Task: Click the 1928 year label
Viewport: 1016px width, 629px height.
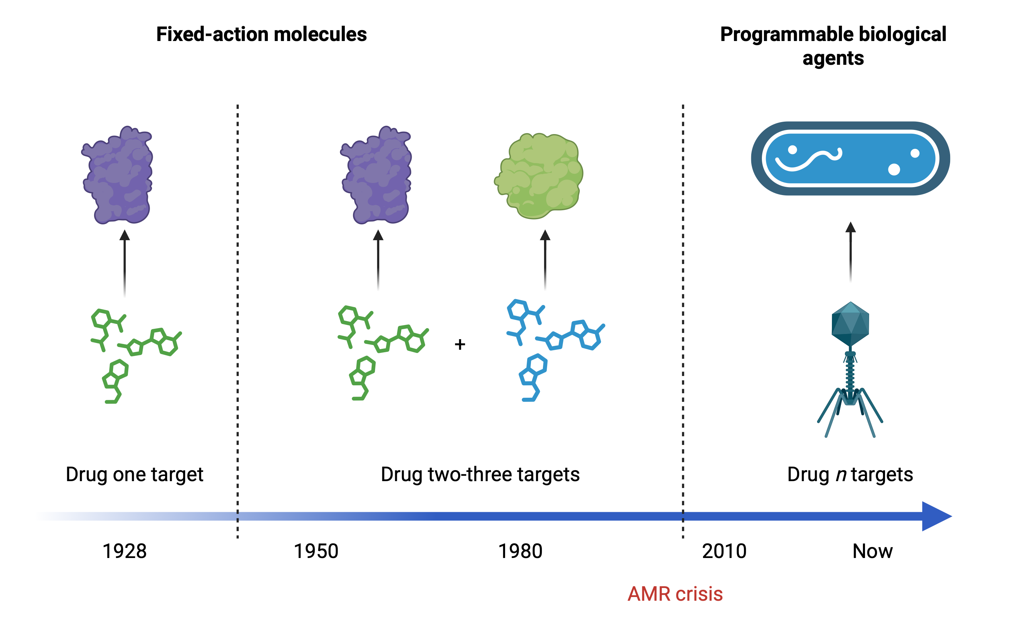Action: click(124, 551)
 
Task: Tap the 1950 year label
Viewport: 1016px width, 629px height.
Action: click(316, 551)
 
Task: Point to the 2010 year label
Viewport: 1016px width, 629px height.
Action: click(724, 551)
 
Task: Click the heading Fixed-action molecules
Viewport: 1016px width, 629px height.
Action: click(261, 34)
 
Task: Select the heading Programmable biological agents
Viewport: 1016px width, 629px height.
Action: click(833, 46)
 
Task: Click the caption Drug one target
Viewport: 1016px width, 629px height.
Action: click(134, 475)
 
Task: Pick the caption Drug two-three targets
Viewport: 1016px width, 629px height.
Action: click(480, 475)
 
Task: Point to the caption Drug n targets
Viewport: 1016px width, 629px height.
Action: click(850, 475)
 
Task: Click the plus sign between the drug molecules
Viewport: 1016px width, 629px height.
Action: click(460, 344)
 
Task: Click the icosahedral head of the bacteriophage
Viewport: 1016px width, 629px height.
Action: click(850, 324)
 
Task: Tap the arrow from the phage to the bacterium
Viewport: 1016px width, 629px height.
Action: click(851, 251)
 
